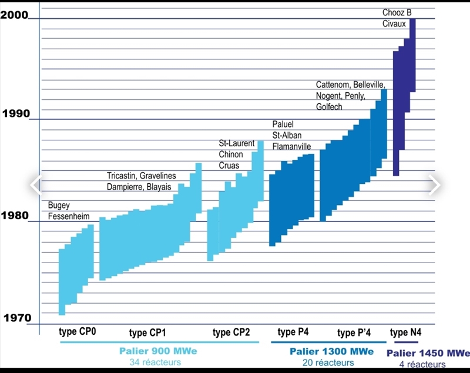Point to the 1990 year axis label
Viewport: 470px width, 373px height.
point(16,113)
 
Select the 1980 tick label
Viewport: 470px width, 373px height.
point(15,216)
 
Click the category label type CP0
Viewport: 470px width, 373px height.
point(77,331)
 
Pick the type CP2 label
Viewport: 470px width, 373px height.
point(231,332)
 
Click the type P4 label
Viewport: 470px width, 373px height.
point(293,332)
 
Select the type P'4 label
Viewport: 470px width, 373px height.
point(354,332)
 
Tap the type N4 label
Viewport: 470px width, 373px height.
point(405,332)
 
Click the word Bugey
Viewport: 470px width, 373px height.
point(59,206)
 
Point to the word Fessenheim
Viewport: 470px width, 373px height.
point(69,216)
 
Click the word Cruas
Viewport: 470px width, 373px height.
point(229,166)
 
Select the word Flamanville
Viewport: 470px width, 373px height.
point(291,146)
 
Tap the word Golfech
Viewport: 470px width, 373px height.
point(329,106)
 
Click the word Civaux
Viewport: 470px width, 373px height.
point(394,23)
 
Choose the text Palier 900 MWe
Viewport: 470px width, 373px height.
point(158,351)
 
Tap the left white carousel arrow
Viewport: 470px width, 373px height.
point(36,185)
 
